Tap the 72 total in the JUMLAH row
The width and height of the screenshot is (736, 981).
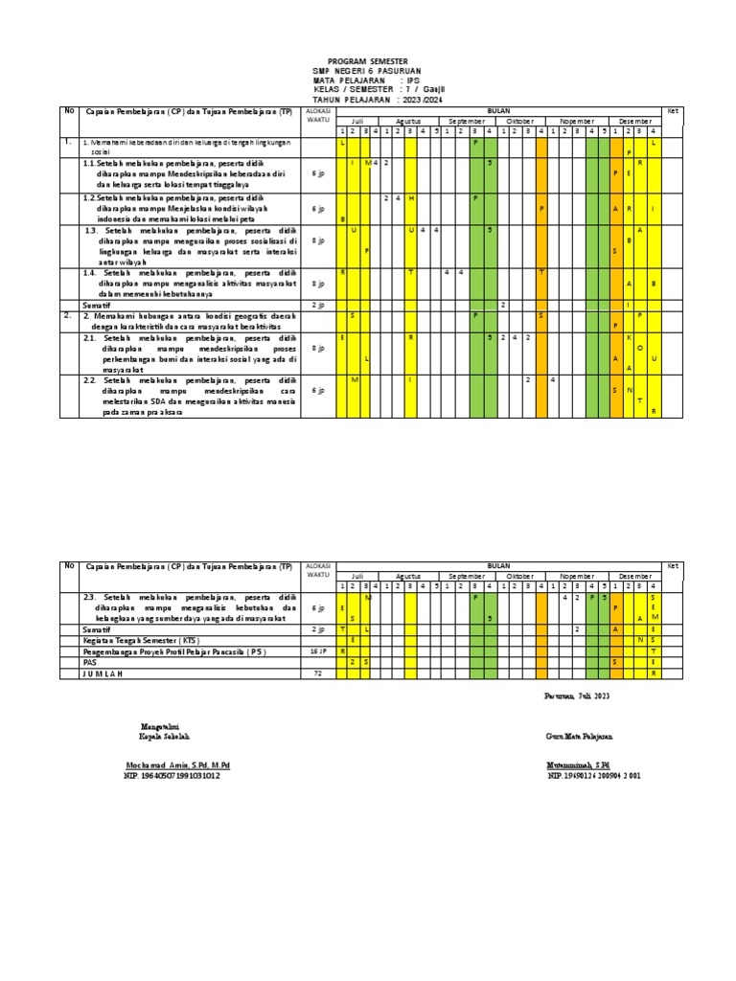pos(317,673)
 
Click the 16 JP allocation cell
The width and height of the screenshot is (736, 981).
pos(317,650)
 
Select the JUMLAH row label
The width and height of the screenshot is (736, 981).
pos(104,673)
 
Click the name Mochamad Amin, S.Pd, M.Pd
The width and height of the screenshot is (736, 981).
pos(177,764)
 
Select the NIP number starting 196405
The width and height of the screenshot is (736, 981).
pos(172,776)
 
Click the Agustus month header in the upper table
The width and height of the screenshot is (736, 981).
pos(408,122)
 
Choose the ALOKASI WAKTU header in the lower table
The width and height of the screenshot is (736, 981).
pos(317,571)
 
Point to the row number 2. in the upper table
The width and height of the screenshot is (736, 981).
pos(67,314)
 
